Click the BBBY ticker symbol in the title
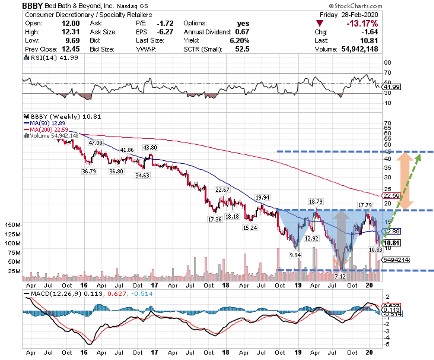coord(33,6)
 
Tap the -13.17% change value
coord(362,23)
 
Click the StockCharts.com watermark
coord(355,6)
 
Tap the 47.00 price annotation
coord(95,143)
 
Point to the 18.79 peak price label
coord(316,202)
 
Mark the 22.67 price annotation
coord(222,190)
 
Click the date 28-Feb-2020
coord(359,15)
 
